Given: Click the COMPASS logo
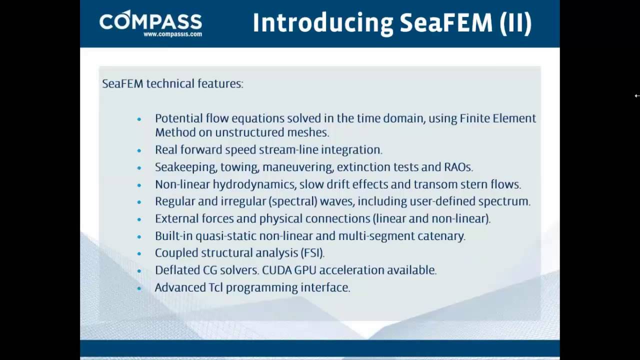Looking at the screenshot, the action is (x=150, y=20).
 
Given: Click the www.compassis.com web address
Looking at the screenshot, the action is (x=172, y=34).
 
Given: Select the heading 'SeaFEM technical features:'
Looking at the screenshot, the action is (x=172, y=83).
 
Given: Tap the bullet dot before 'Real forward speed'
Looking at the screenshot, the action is (x=139, y=150).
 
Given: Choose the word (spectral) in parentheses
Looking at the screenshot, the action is (x=293, y=201).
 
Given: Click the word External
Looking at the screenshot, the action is (x=177, y=218).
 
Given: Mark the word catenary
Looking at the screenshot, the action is (x=441, y=236).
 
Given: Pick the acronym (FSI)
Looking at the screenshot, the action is (x=312, y=253).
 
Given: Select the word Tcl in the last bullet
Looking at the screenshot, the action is (x=215, y=287).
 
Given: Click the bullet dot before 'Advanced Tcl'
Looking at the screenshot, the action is (x=139, y=288).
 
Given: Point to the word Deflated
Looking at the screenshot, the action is (x=177, y=270).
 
